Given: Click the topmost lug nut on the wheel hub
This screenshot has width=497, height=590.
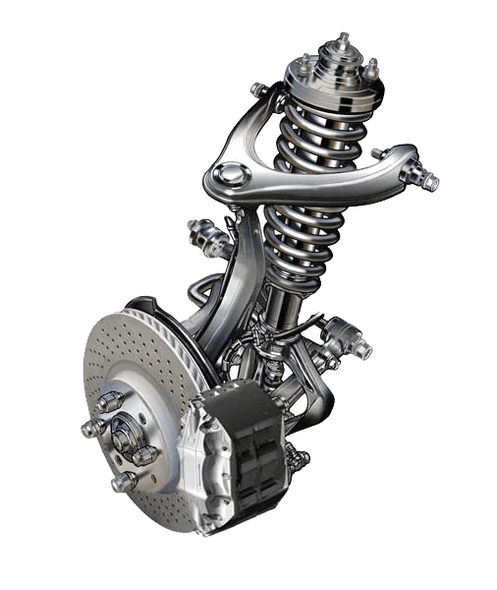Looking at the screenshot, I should pos(110,402).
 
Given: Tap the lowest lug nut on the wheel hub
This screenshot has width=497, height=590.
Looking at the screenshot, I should pos(125,482).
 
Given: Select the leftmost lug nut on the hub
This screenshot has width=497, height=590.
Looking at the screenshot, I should pos(91,430).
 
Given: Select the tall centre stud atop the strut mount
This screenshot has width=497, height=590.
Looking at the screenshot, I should pos(342,43).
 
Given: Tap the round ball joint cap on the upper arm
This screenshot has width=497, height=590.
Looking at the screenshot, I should pos(229,176).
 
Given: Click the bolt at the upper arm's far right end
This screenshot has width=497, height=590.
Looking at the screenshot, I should pos(424,179).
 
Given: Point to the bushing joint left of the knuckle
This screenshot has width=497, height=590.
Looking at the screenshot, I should pos(204,236).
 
